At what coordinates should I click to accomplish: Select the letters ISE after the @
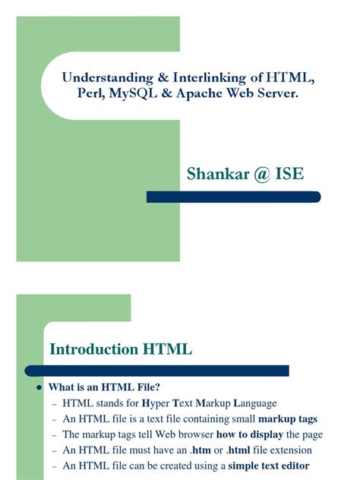click(x=292, y=174)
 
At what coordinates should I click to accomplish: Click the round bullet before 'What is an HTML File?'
click(x=38, y=387)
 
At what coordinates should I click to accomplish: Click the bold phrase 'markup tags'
click(x=288, y=419)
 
